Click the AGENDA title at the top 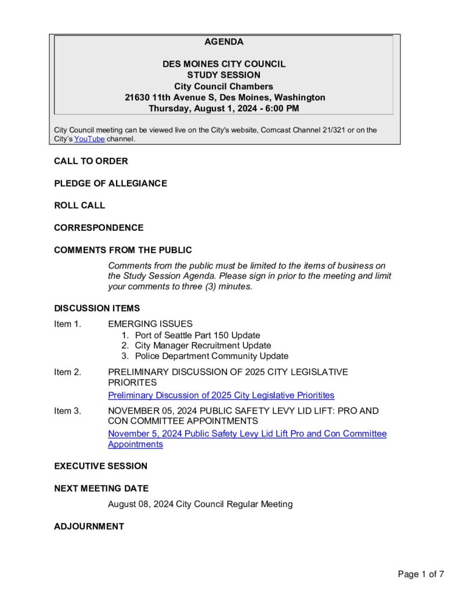[223, 42]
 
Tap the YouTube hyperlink [89, 139]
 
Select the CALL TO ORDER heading [91, 161]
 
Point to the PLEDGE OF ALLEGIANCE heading [110, 183]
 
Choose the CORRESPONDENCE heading [99, 227]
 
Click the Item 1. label [67, 324]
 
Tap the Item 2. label [67, 372]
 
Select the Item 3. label [67, 411]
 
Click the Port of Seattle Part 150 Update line [197, 335]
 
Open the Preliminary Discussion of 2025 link [221, 396]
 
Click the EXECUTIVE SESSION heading [100, 466]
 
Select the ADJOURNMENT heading [89, 526]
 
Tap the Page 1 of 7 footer [421, 574]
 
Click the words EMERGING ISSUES [150, 324]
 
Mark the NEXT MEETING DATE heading [101, 488]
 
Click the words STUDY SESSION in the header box [223, 75]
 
